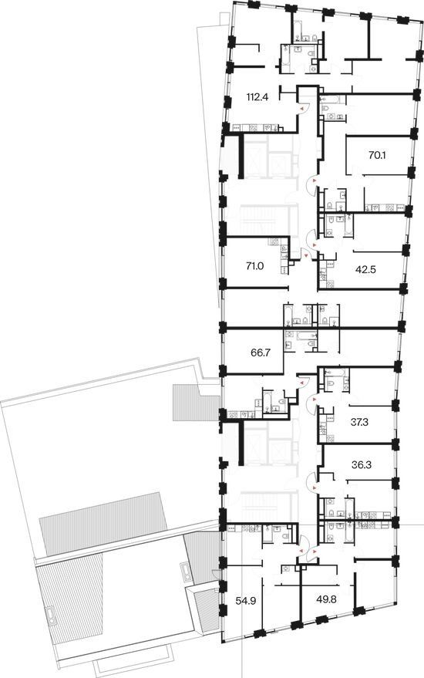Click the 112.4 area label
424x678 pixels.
(x=257, y=97)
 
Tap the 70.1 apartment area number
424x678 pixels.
(x=377, y=155)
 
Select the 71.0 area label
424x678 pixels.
(x=254, y=266)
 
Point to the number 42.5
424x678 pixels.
(x=365, y=270)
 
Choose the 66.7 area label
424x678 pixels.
(x=261, y=352)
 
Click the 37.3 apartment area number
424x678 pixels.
(x=359, y=423)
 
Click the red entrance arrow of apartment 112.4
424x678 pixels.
(x=302, y=107)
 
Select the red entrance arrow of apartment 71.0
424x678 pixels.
(x=307, y=256)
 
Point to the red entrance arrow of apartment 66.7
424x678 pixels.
(x=302, y=383)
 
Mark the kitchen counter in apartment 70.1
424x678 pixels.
(x=385, y=208)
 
